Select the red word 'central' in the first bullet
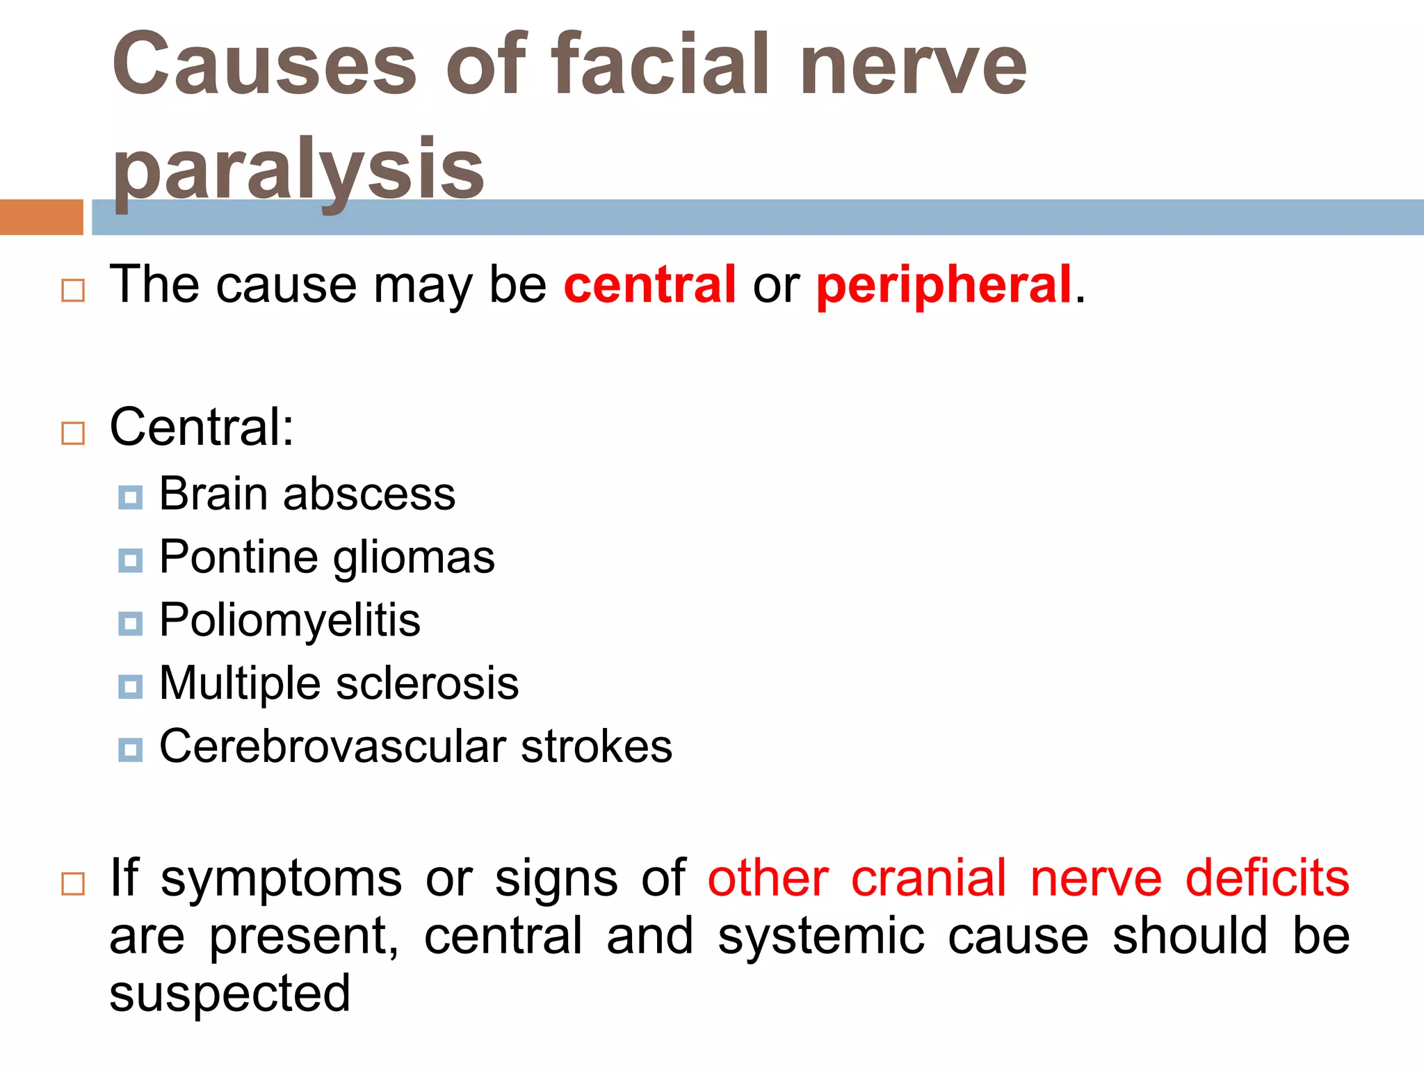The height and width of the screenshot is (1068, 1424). (x=649, y=284)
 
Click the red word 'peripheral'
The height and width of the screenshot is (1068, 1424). (x=944, y=285)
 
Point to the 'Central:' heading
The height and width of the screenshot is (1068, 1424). (x=202, y=427)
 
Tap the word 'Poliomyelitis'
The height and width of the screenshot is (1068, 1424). (x=289, y=621)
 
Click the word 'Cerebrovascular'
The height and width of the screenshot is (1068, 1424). (x=332, y=747)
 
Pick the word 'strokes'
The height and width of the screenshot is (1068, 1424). (x=596, y=747)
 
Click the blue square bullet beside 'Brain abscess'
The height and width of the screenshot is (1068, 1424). (x=130, y=497)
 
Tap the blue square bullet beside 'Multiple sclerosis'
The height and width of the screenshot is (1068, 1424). (x=130, y=687)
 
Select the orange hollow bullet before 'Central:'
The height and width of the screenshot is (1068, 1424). (x=73, y=432)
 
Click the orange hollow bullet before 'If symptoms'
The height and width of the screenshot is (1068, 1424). (x=73, y=884)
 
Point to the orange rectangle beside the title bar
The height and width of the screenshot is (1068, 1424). (x=41, y=217)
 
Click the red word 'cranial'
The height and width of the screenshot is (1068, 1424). (x=928, y=878)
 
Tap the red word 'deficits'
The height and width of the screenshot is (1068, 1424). (x=1267, y=878)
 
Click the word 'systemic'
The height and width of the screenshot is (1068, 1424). (x=820, y=936)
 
